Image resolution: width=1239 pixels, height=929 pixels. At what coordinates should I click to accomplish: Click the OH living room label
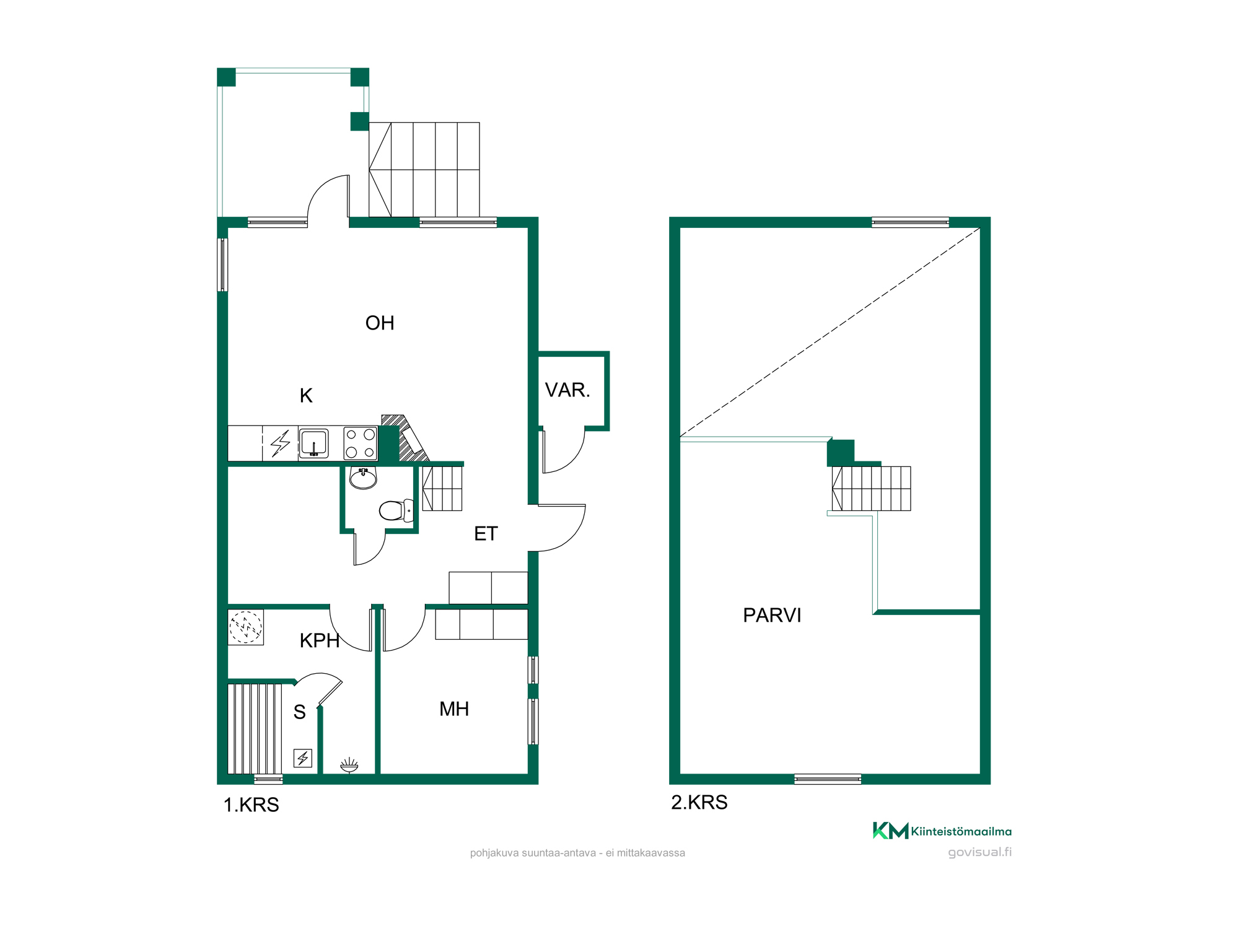(x=379, y=323)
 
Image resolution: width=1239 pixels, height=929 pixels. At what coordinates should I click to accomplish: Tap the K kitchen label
(x=306, y=395)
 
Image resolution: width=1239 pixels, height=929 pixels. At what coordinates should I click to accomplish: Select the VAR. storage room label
(x=567, y=390)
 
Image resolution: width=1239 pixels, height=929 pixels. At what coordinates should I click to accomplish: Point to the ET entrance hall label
(x=486, y=533)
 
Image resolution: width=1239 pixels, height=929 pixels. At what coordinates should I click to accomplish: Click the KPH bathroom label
(x=320, y=640)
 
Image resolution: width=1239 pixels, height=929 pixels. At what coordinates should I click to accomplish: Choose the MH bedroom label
(x=454, y=709)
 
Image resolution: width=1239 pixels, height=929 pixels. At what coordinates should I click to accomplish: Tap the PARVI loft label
(x=772, y=615)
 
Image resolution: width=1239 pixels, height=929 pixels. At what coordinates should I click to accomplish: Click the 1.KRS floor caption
(x=251, y=805)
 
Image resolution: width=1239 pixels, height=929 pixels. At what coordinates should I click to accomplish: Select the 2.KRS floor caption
(x=699, y=802)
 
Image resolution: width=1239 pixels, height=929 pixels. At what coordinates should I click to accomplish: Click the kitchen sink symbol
(x=313, y=443)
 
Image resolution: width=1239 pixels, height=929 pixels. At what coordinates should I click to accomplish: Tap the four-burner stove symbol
(x=361, y=443)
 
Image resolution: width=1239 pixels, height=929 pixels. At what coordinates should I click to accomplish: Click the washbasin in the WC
(x=363, y=478)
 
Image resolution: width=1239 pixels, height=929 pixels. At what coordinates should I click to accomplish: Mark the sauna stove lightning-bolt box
(x=302, y=758)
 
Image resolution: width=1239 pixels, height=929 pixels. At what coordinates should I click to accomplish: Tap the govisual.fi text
(x=979, y=852)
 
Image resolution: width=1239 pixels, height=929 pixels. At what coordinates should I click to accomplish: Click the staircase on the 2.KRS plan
(x=871, y=489)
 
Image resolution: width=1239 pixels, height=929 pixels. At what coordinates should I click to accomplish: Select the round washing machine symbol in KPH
(x=246, y=627)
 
